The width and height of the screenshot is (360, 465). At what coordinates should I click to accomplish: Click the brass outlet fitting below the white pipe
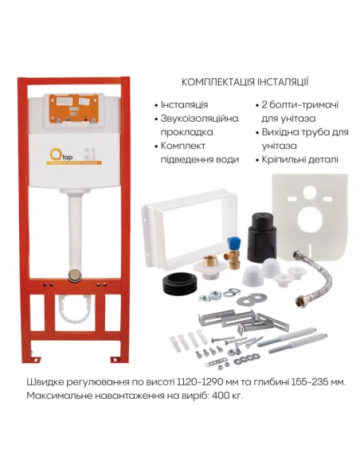click(x=76, y=274)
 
